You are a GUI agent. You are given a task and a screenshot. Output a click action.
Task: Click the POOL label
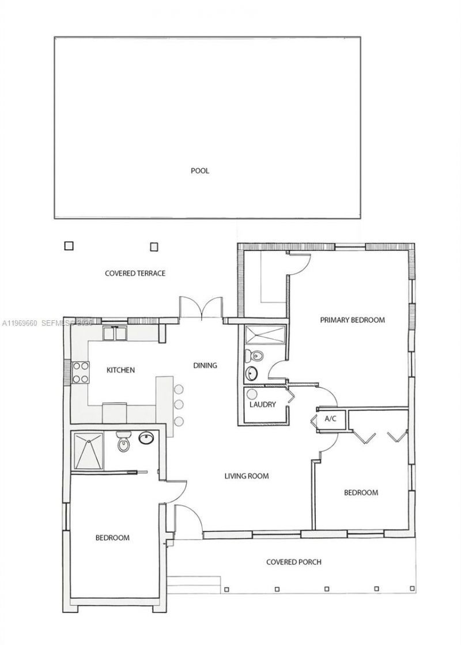click(200, 170)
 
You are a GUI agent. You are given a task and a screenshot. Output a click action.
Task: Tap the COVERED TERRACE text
click(135, 273)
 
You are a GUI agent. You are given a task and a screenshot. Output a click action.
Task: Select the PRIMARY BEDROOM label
click(352, 320)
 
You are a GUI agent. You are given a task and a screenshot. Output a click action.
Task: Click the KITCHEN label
click(120, 370)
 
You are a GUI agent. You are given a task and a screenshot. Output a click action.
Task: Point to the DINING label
click(205, 365)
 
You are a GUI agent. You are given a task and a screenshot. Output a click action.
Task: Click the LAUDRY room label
click(263, 404)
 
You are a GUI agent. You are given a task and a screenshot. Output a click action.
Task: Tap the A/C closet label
click(331, 419)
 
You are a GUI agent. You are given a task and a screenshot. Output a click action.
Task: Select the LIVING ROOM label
click(247, 476)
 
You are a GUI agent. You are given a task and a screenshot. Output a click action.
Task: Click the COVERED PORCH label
click(294, 561)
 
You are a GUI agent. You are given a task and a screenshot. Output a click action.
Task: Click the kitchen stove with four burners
click(80, 372)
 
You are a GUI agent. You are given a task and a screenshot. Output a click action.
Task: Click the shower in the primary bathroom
click(265, 335)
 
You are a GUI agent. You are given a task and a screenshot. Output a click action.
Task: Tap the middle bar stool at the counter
click(179, 404)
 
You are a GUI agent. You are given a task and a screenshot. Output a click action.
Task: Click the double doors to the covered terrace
click(201, 307)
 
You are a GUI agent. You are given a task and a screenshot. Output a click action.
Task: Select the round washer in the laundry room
click(252, 394)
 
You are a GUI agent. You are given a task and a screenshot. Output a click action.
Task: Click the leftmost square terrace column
click(69, 246)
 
